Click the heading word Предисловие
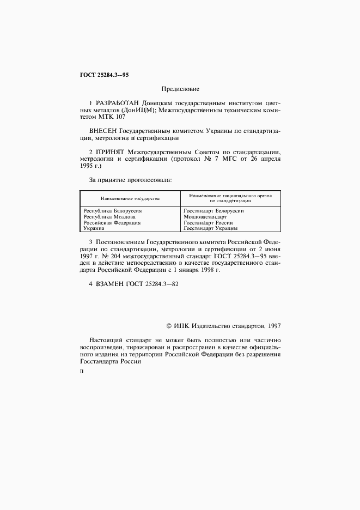tap(180, 89)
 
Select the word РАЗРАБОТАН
tap(117, 103)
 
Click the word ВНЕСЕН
tap(102, 131)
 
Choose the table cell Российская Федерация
tap(112, 223)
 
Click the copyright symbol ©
tap(169, 325)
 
